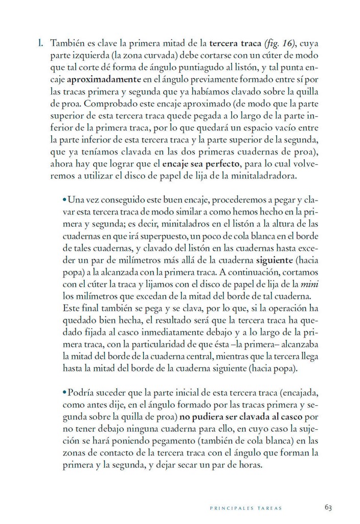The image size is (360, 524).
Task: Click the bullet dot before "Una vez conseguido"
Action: point(64,200)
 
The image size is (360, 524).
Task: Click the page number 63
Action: point(328,507)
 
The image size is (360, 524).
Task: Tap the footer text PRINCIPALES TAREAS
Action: point(246,508)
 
